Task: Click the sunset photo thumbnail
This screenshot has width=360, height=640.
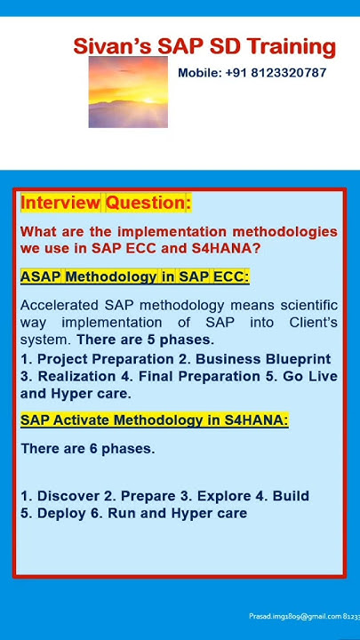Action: [128, 92]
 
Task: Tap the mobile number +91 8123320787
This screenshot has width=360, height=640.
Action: [252, 73]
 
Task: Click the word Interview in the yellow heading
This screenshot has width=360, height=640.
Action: [60, 203]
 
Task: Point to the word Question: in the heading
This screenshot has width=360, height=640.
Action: [148, 203]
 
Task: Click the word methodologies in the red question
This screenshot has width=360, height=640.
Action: [284, 231]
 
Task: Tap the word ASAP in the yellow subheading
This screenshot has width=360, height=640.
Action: [41, 276]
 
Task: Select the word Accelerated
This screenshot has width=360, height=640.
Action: [60, 305]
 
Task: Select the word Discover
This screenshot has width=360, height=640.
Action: [68, 496]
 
